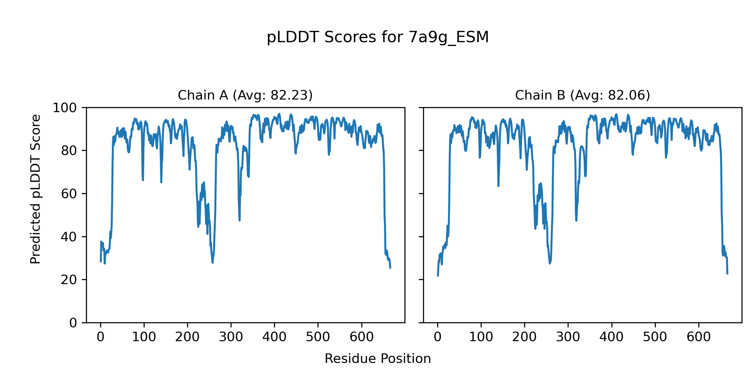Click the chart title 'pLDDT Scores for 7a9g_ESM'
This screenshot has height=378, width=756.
pyautogui.click(x=378, y=37)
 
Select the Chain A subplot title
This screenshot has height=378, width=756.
pyautogui.click(x=245, y=95)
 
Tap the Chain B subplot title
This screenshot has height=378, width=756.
pyautogui.click(x=582, y=95)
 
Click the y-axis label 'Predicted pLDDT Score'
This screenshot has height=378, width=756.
pyautogui.click(x=36, y=189)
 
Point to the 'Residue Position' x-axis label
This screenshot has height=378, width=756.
pyautogui.click(x=378, y=359)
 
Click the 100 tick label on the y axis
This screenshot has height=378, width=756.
pyautogui.click(x=65, y=108)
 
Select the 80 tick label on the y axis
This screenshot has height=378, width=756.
pyautogui.click(x=69, y=151)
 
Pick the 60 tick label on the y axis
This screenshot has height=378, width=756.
pyautogui.click(x=69, y=194)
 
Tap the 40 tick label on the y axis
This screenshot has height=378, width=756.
pyautogui.click(x=69, y=237)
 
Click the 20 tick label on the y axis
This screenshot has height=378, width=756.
pyautogui.click(x=69, y=280)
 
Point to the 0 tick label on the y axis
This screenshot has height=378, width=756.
pyautogui.click(x=73, y=323)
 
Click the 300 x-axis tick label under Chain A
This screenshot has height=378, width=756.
pyautogui.click(x=231, y=337)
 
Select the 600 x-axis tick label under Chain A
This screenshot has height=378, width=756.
pyautogui.click(x=362, y=337)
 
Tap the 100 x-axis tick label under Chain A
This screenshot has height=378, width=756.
pyautogui.click(x=144, y=337)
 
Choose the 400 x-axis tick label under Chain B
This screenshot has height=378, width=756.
pyautogui.click(x=611, y=337)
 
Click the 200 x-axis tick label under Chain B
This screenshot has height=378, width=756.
pyautogui.click(x=524, y=337)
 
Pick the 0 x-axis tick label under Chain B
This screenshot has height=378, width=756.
pyautogui.click(x=438, y=337)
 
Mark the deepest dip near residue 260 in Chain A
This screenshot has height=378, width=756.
pyautogui.click(x=213, y=262)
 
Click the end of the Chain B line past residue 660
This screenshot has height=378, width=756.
pyautogui.click(x=727, y=274)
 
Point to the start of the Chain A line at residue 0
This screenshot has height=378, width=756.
pyautogui.click(x=101, y=261)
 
